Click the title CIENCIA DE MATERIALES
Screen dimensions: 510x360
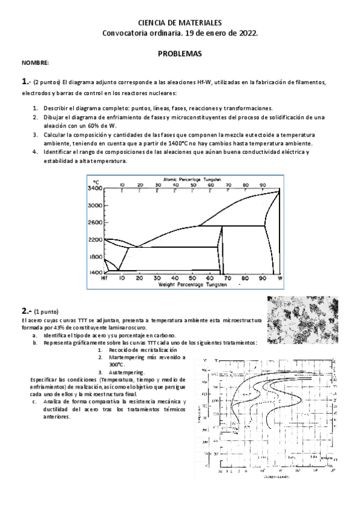(180, 22)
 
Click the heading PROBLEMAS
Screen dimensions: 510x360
(180, 53)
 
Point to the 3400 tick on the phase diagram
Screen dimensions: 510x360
(94, 189)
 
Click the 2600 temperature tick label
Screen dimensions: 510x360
(94, 223)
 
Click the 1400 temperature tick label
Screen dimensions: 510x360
(94, 272)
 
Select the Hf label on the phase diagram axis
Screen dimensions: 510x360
(104, 279)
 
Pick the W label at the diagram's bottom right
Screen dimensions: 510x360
(279, 279)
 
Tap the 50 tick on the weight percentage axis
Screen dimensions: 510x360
(192, 278)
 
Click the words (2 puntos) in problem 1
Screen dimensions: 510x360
(47, 81)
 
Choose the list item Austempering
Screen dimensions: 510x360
(127, 372)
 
